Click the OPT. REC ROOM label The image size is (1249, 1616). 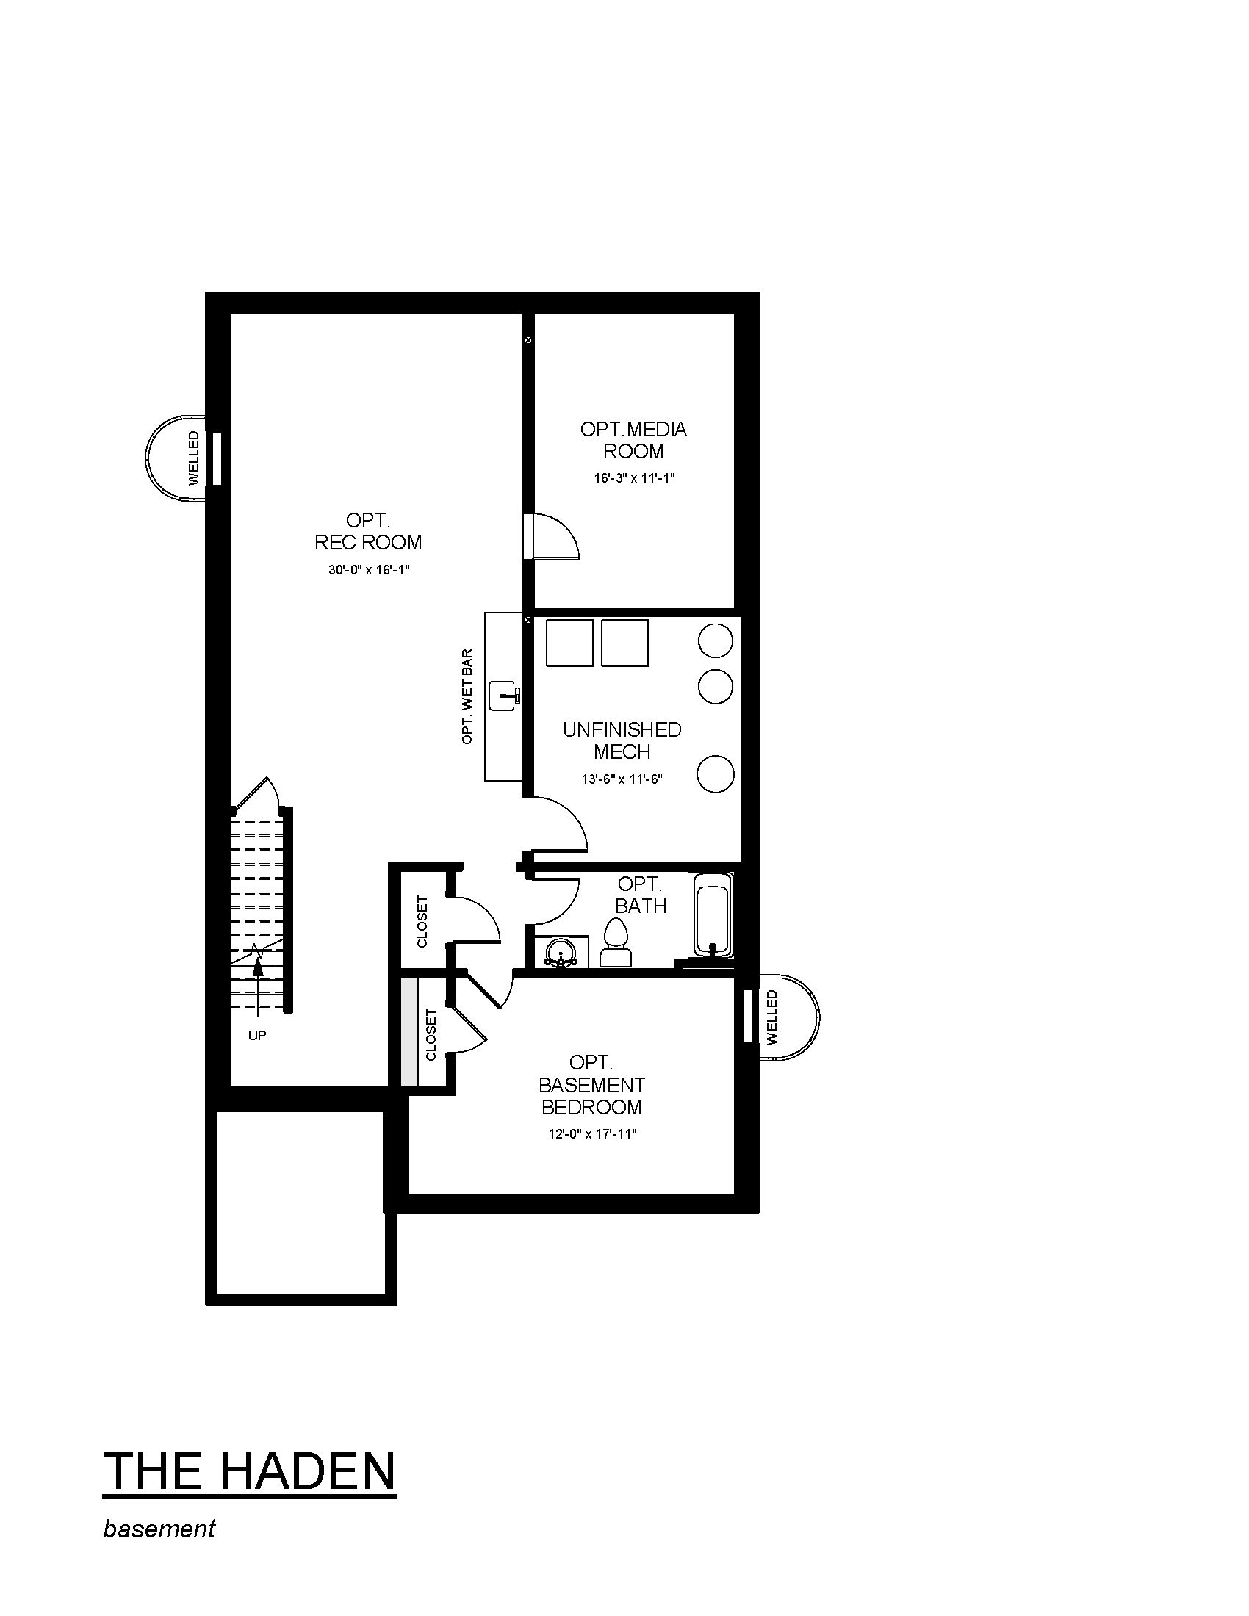coord(368,532)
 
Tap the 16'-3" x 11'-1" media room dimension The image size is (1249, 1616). coord(634,478)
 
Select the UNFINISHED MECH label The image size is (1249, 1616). coord(622,740)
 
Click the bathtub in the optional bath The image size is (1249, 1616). coord(711,915)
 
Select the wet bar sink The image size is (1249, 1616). coord(505,696)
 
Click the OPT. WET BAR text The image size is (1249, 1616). coord(467,696)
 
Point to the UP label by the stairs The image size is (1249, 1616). coord(256,1035)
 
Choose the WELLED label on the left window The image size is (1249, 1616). coord(194,458)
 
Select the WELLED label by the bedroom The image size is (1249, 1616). coord(772,1017)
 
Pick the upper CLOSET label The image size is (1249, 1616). coord(422,922)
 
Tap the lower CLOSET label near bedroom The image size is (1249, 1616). coord(431,1034)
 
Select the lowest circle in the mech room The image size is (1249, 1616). coord(716,774)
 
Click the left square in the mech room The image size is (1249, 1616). coord(569,643)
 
